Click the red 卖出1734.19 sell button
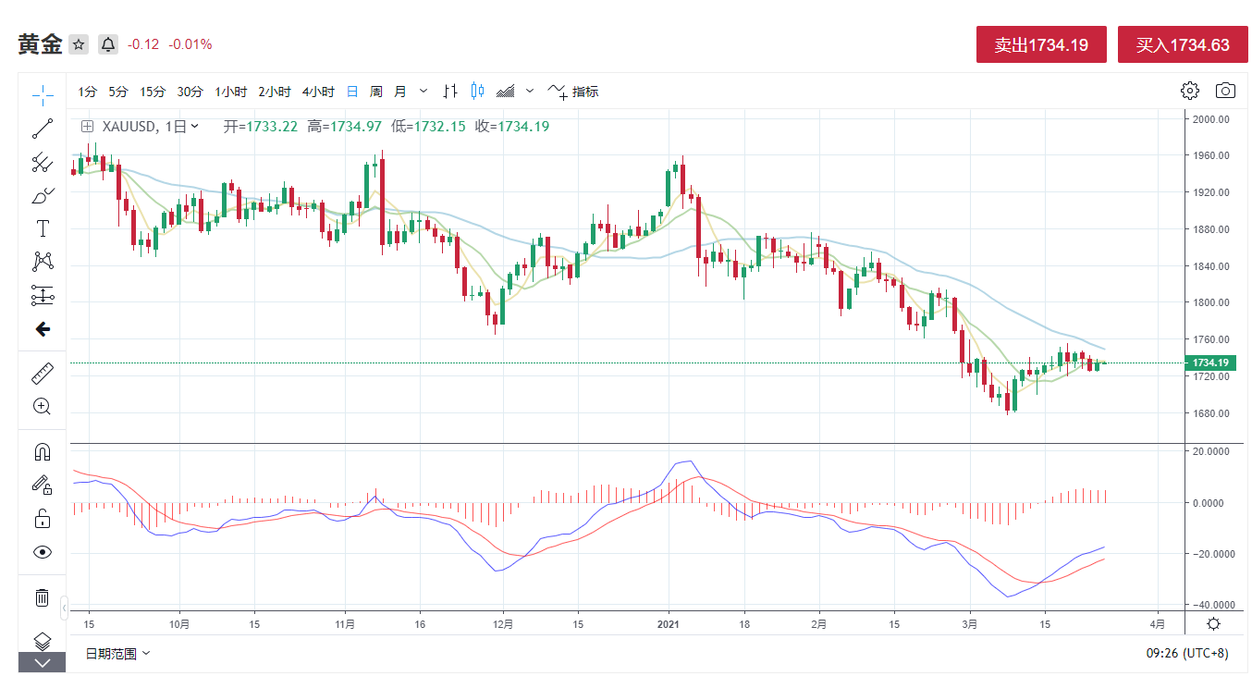pos(1041,44)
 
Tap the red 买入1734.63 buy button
pos(1183,44)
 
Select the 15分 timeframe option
pos(153,92)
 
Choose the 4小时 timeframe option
pos(318,92)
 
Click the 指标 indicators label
pos(585,92)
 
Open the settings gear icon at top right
pos(1190,91)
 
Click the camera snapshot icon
pos(1225,91)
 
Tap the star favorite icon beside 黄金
pos(79,44)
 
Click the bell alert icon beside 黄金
pos(108,44)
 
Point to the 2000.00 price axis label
pos(1210,119)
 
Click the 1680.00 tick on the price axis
pos(1210,413)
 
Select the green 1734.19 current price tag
pos(1210,363)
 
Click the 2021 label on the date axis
pos(669,624)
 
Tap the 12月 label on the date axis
pos(503,624)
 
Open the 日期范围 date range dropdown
pos(117,654)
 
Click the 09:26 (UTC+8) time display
pos(1187,654)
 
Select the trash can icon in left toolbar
pos(42,597)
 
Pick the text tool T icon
pos(42,228)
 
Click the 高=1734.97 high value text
pos(344,127)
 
